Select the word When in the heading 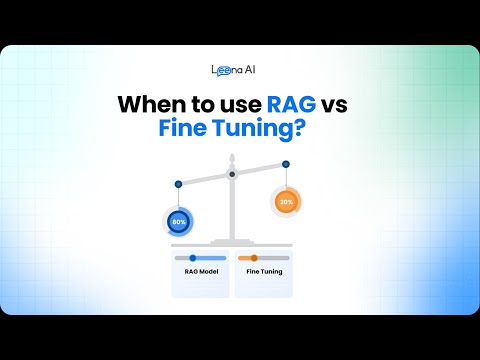(153, 104)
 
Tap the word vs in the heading (344, 104)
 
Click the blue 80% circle (179, 221)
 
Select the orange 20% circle (286, 202)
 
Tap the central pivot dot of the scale (232, 175)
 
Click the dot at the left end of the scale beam (178, 183)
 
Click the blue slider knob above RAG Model (193, 258)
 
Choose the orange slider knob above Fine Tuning (254, 258)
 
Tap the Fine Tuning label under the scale (262, 272)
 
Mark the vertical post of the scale (232, 210)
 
